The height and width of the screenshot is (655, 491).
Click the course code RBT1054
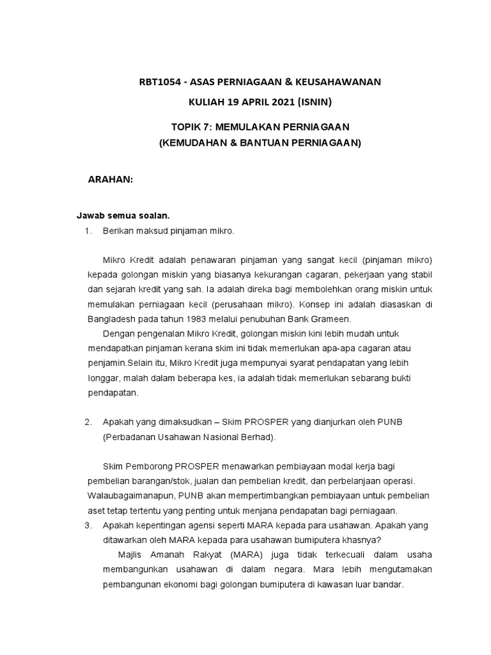pos(160,82)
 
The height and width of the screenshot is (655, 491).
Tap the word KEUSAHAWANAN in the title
pos(342,82)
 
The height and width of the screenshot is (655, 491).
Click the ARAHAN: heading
pos(110,180)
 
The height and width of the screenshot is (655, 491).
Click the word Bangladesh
pos(112,318)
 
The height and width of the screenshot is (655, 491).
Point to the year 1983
pos(191,318)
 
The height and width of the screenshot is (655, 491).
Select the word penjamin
pos(105,363)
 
